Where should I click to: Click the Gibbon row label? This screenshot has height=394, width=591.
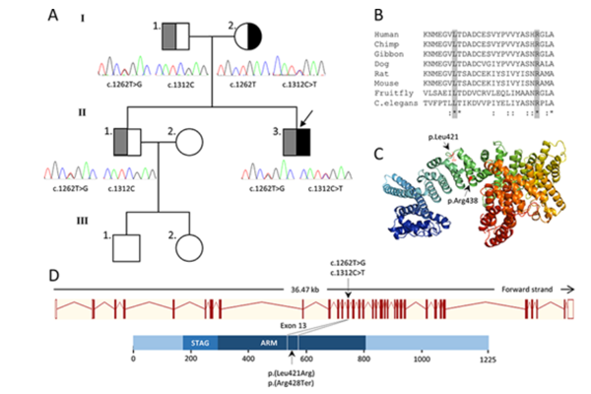390,49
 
